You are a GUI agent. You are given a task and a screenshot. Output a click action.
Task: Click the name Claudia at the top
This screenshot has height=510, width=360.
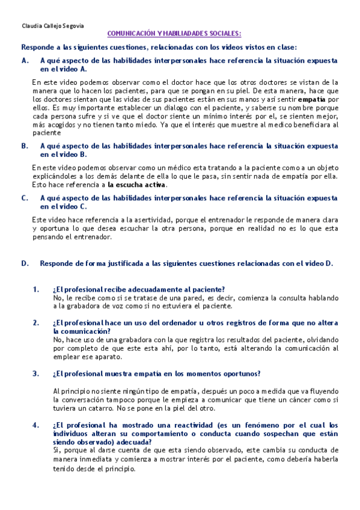click(31, 26)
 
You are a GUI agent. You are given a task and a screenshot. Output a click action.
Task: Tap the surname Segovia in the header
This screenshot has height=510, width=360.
click(73, 26)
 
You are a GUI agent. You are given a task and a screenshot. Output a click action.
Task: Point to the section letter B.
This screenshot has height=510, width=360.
click(24, 146)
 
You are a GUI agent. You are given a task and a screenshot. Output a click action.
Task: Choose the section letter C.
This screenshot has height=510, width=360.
click(24, 198)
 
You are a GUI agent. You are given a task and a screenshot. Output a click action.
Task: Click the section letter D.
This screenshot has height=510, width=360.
click(24, 263)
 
